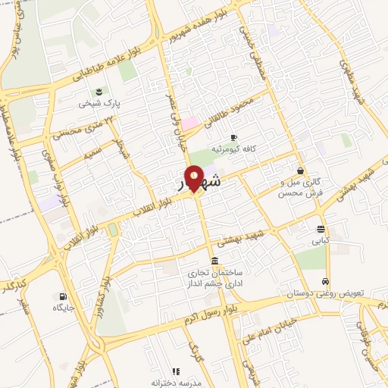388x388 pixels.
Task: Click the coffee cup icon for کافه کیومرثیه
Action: [233, 137]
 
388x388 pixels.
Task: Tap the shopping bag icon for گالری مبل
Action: [302, 171]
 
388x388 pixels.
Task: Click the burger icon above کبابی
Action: [321, 229]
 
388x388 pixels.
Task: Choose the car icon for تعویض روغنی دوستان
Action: [326, 280]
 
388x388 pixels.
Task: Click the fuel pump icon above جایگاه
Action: [61, 296]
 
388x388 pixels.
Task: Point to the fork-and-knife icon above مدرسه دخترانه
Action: [176, 371]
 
